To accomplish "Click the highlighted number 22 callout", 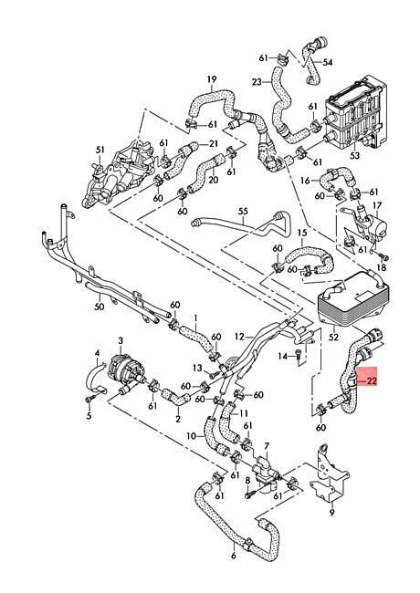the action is pos(372,380).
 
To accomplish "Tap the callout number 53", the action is pos(354,155).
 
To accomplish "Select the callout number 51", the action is pos(100,150).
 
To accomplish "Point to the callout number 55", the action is pos(243,211).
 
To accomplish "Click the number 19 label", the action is pos(212,79).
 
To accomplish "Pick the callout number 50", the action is pos(100,307).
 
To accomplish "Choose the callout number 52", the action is pos(334,337).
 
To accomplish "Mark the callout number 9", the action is pos(331,513).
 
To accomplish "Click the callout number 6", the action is pos(233,556).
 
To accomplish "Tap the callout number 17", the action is pos(377,206).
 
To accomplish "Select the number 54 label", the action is pos(328,62).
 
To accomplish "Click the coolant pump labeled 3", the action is pos(126,369).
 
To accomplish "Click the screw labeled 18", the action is pos(384,257).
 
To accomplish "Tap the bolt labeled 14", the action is pos(299,358).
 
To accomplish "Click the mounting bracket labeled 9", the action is pos(327,473).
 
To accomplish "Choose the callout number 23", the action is pos(257,82).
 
